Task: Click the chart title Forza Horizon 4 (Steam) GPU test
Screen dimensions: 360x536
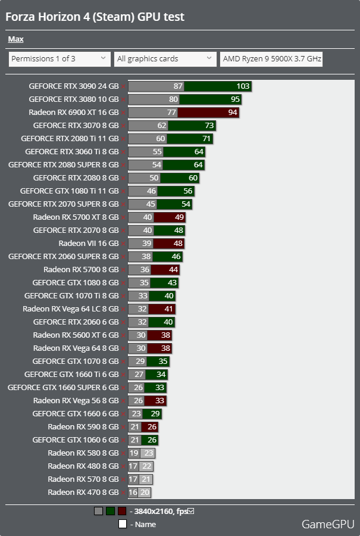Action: tap(95, 17)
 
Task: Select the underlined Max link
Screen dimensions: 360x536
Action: tap(15, 39)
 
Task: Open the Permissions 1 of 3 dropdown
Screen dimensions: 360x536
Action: tap(60, 59)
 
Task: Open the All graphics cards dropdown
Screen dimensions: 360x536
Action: tap(165, 59)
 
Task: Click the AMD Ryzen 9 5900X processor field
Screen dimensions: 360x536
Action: tap(271, 59)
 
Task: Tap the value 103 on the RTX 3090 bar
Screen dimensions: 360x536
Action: tap(243, 86)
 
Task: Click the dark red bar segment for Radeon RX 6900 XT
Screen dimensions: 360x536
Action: tap(208, 113)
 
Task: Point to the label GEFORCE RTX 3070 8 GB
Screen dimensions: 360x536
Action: tap(76, 126)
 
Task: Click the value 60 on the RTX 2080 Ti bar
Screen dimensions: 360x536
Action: tap(161, 139)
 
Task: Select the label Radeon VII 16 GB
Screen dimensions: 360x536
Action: tap(89, 244)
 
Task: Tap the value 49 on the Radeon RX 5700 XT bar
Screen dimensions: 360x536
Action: tap(179, 217)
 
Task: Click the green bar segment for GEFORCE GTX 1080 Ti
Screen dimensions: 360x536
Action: tap(176, 191)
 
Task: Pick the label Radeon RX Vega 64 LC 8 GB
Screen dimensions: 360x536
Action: tap(71, 309)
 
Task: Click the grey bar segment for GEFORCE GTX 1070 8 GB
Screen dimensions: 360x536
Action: tap(137, 362)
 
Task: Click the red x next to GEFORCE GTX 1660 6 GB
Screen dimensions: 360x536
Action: tap(123, 414)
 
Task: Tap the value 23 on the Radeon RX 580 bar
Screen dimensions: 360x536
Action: tap(149, 453)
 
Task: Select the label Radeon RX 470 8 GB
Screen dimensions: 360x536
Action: tap(83, 493)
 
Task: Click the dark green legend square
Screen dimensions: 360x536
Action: tap(110, 511)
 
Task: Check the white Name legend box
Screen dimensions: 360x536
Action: tap(122, 523)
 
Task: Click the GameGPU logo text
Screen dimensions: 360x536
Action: tap(328, 524)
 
